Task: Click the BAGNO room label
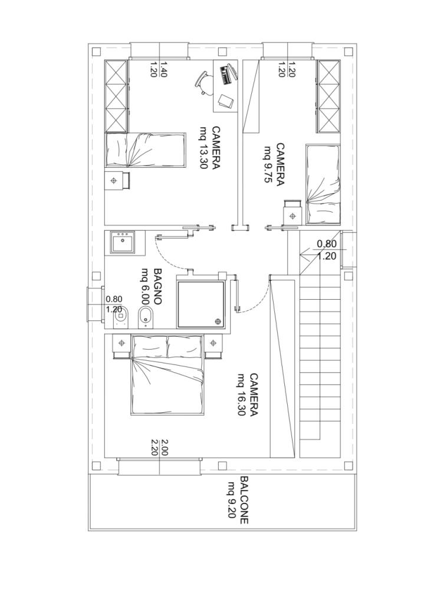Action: coord(157,287)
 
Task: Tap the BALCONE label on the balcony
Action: coord(244,501)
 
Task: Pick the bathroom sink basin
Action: coord(123,243)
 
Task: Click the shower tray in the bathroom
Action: coord(201,304)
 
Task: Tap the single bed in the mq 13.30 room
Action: coord(146,150)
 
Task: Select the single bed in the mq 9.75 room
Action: coord(323,184)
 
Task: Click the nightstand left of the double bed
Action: coord(121,343)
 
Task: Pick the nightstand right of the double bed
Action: coord(213,343)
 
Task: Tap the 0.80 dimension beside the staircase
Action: coord(327,244)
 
